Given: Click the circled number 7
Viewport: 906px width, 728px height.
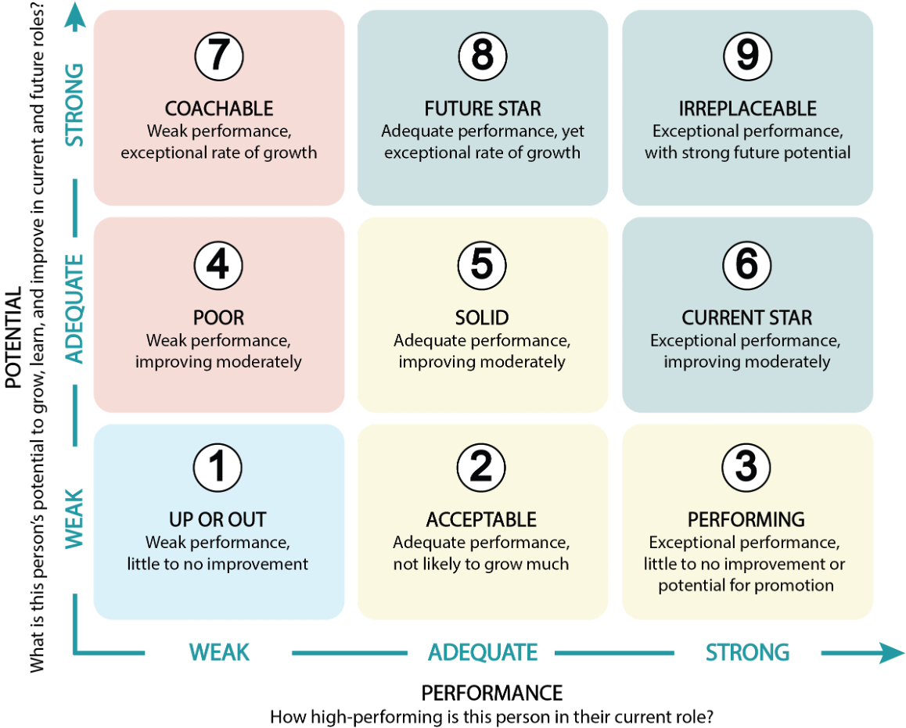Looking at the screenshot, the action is pos(219,56).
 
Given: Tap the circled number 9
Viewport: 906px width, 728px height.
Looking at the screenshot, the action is pos(748,56).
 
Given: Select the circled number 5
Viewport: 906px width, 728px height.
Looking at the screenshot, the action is pos(482,265).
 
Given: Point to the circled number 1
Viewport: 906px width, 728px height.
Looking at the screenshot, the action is pos(218,467).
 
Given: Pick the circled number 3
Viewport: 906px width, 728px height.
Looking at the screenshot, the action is pos(746,467).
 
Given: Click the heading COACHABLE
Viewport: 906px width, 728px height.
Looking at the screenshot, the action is pos(219,109).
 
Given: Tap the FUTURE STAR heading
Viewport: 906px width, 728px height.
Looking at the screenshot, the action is pos(483,109).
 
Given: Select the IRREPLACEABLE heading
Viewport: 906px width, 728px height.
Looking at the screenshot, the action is pos(748,109).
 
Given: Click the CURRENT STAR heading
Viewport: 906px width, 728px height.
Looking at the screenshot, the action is pos(746,317).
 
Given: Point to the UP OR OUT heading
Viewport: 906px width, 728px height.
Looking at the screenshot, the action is pos(218,519).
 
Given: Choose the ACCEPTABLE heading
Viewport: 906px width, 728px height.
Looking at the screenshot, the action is pos(481,519).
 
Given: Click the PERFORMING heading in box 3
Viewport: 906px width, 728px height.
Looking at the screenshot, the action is pos(746,519).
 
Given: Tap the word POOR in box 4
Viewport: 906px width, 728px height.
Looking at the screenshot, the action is pos(218,317).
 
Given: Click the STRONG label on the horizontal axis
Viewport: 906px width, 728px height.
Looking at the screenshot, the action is pos(748,652).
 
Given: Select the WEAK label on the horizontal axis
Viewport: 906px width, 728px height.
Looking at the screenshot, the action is pos(220,652).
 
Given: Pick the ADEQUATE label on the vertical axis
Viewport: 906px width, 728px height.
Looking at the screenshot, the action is pos(74,309).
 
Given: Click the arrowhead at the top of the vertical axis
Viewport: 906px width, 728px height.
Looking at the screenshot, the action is pos(75,16).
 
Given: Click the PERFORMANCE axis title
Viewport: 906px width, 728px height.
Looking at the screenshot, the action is pos(491,693).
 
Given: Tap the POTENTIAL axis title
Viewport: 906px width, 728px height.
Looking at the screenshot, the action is pos(13,338).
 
